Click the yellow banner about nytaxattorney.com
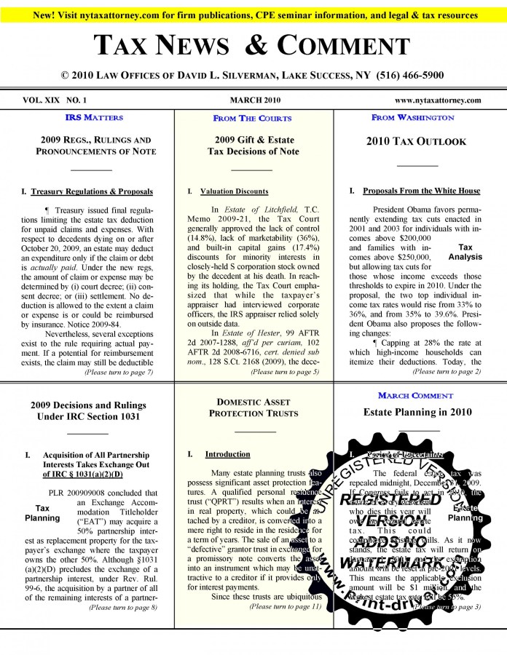[x=253, y=15]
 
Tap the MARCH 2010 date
[x=254, y=100]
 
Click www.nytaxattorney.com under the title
[x=438, y=100]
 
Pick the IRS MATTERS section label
[x=94, y=117]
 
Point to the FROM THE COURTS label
[x=252, y=118]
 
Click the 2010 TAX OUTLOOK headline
[x=416, y=141]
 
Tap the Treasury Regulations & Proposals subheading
[x=92, y=191]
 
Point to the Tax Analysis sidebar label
[x=465, y=252]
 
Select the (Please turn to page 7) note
[x=119, y=372]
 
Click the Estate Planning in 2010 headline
[x=417, y=412]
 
